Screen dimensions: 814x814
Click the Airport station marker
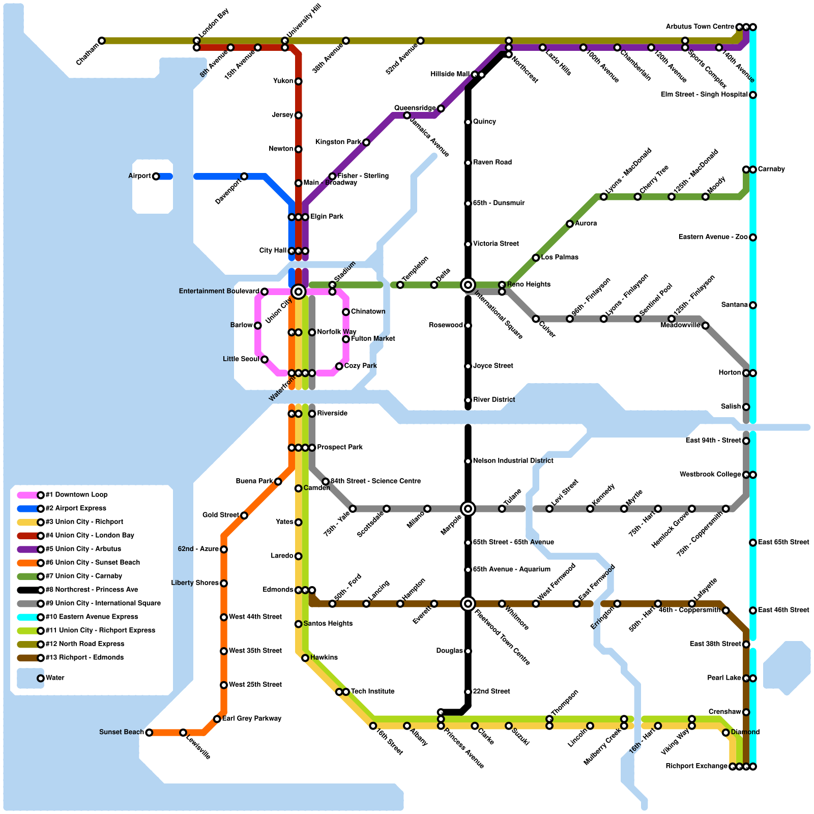pyautogui.click(x=156, y=177)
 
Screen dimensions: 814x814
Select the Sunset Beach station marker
pyautogui.click(x=149, y=733)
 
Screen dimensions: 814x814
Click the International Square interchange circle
pyautogui.click(x=468, y=285)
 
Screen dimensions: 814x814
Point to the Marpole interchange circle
pyautogui.click(x=468, y=509)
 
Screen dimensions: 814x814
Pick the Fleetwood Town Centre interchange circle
pyautogui.click(x=468, y=604)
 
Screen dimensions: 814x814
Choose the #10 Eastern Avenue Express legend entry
pyautogui.click(x=92, y=617)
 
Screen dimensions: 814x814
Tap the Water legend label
pyautogui.click(x=55, y=678)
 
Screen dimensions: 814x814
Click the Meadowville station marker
pyautogui.click(x=705, y=326)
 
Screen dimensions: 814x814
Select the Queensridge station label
pyautogui.click(x=415, y=108)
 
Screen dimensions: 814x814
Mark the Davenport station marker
pyautogui.click(x=244, y=177)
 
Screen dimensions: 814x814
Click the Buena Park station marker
pyautogui.click(x=278, y=482)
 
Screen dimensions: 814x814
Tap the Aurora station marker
pyautogui.click(x=570, y=224)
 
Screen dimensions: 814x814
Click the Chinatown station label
pyautogui.click(x=368, y=312)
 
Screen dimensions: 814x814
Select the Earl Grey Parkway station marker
pyautogui.click(x=217, y=719)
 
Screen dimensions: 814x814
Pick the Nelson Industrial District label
pyautogui.click(x=513, y=461)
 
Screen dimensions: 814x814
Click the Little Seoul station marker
pyautogui.click(x=265, y=360)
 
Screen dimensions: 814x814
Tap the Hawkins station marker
pyautogui.click(x=305, y=658)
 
